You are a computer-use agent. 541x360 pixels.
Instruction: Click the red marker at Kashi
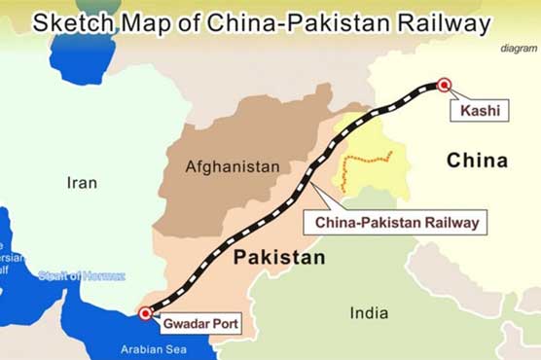(444, 86)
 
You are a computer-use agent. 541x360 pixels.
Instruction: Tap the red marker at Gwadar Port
(145, 312)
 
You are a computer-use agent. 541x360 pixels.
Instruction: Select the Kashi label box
(479, 112)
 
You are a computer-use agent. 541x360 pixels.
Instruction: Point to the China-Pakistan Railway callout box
(396, 223)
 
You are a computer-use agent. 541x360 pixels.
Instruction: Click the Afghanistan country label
(232, 166)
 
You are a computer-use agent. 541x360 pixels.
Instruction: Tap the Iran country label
(82, 182)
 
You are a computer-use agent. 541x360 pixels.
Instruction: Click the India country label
(369, 312)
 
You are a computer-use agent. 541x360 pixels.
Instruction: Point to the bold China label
(477, 161)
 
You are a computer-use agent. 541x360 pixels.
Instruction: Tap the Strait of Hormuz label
(82, 275)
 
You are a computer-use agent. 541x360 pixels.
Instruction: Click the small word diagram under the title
(519, 48)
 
